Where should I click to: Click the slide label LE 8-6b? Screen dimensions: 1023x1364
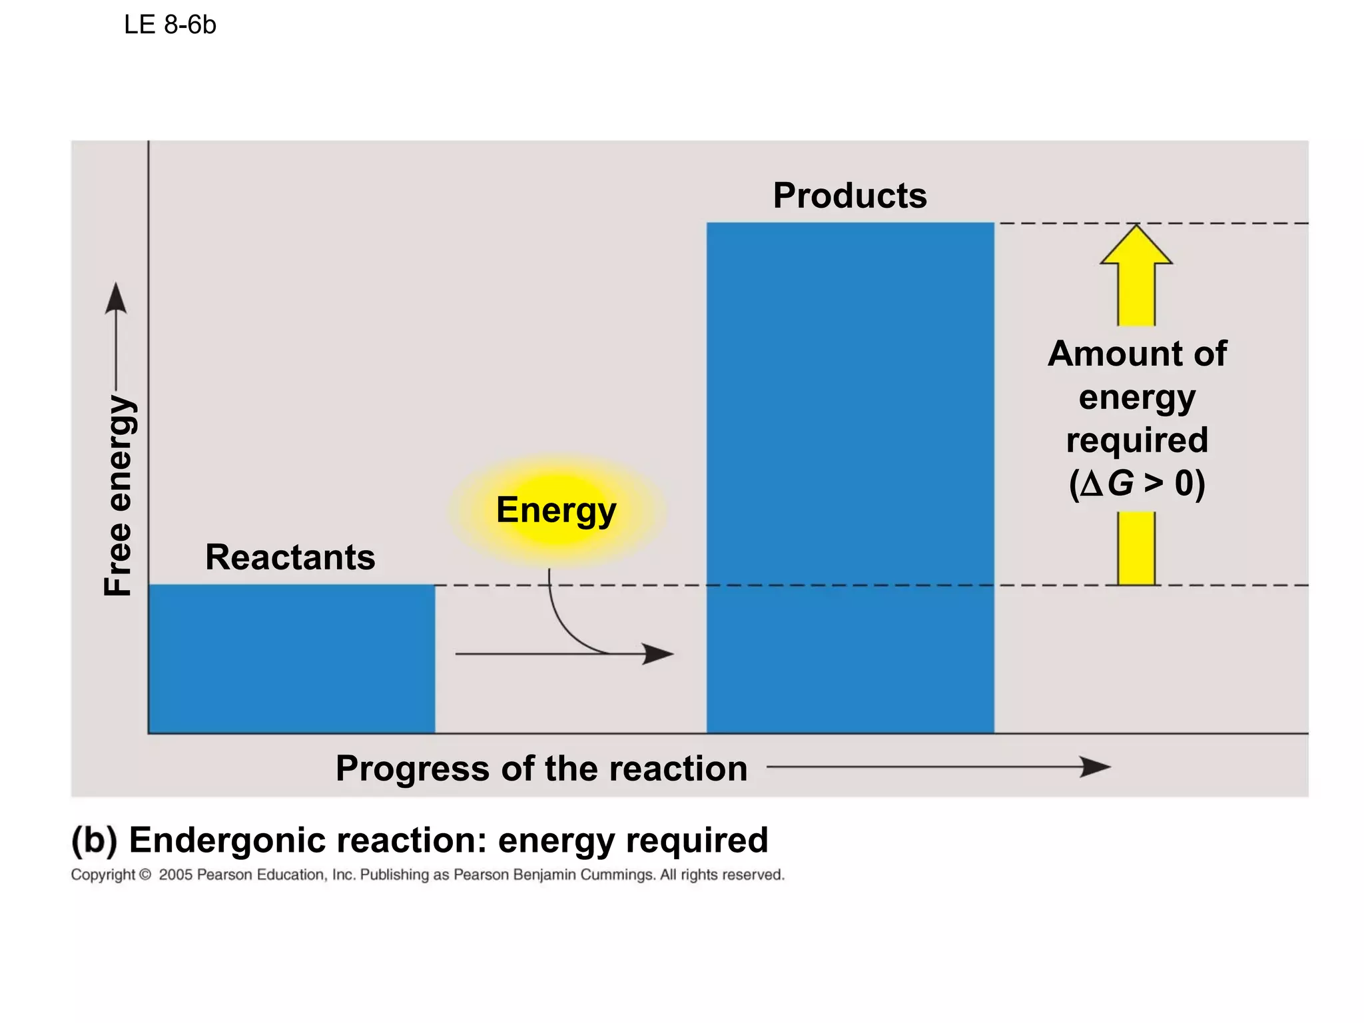(170, 25)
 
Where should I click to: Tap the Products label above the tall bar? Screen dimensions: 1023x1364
(850, 196)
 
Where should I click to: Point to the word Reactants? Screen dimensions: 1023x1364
(290, 557)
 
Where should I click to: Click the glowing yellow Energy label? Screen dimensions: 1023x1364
(557, 510)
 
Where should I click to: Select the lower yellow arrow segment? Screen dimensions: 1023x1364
(1136, 548)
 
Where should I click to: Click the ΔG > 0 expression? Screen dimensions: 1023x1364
(1137, 484)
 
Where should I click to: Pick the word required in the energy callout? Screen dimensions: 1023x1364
(1137, 440)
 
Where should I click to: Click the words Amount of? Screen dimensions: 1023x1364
(1137, 354)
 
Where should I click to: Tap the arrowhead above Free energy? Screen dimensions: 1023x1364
(116, 298)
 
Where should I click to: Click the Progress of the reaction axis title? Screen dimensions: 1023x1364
(541, 769)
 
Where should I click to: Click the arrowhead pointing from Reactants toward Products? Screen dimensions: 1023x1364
(658, 653)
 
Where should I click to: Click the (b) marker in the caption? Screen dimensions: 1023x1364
(94, 840)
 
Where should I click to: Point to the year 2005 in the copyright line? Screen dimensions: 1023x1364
(175, 875)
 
